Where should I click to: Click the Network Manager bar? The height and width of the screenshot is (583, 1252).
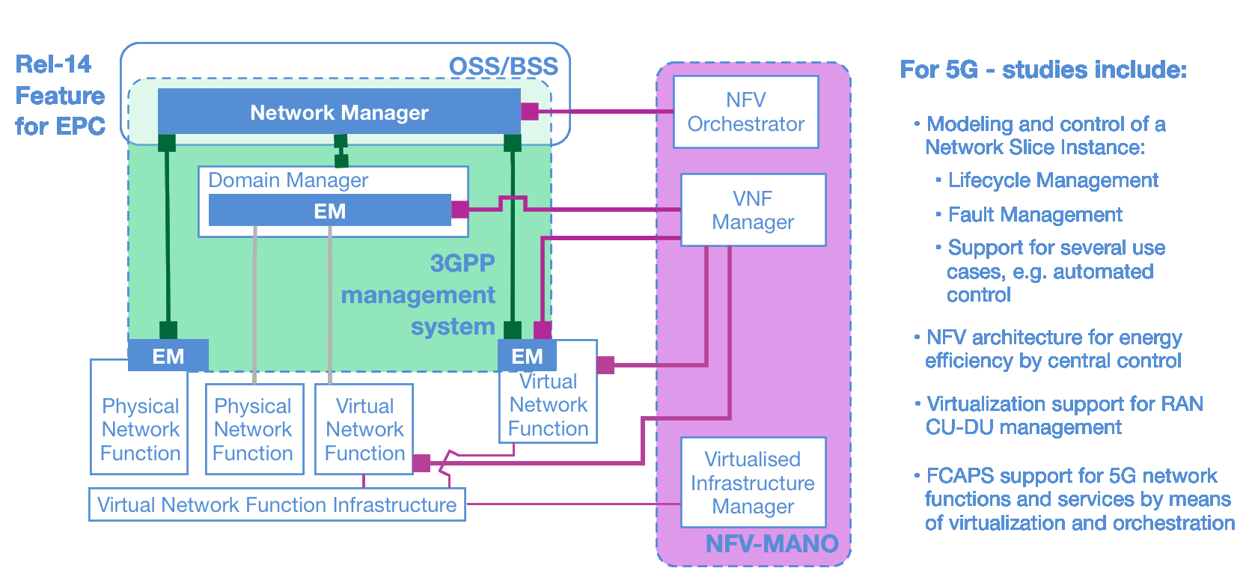tap(338, 112)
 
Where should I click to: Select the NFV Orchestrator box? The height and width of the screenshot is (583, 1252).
tap(745, 112)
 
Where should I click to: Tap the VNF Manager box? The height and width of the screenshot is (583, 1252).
tap(753, 210)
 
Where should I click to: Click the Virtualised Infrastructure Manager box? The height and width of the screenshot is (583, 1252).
tap(753, 483)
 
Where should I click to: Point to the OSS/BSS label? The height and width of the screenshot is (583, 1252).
tap(503, 67)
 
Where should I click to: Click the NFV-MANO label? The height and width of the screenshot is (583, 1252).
tap(772, 543)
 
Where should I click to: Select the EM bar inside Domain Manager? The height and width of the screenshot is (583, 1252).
tap(329, 211)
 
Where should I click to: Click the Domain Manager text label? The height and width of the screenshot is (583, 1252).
tap(288, 180)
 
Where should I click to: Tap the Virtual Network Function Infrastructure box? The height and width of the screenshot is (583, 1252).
tap(277, 504)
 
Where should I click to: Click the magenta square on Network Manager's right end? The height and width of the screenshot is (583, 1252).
tap(530, 112)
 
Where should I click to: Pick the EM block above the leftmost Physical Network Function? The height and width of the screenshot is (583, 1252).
tap(168, 356)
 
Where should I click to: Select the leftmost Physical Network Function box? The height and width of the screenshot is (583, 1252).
tap(140, 429)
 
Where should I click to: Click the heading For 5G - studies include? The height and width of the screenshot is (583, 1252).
tap(1043, 70)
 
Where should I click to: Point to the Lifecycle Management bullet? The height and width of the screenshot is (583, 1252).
tap(1052, 180)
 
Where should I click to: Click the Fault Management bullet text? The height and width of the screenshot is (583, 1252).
tap(1034, 215)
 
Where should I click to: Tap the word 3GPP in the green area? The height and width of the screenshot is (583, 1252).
tap(462, 263)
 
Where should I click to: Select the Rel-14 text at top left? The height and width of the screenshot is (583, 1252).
tap(53, 64)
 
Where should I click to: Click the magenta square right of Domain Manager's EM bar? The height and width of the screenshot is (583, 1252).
tap(460, 210)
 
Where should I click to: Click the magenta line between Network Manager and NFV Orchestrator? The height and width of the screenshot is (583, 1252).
tap(606, 112)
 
